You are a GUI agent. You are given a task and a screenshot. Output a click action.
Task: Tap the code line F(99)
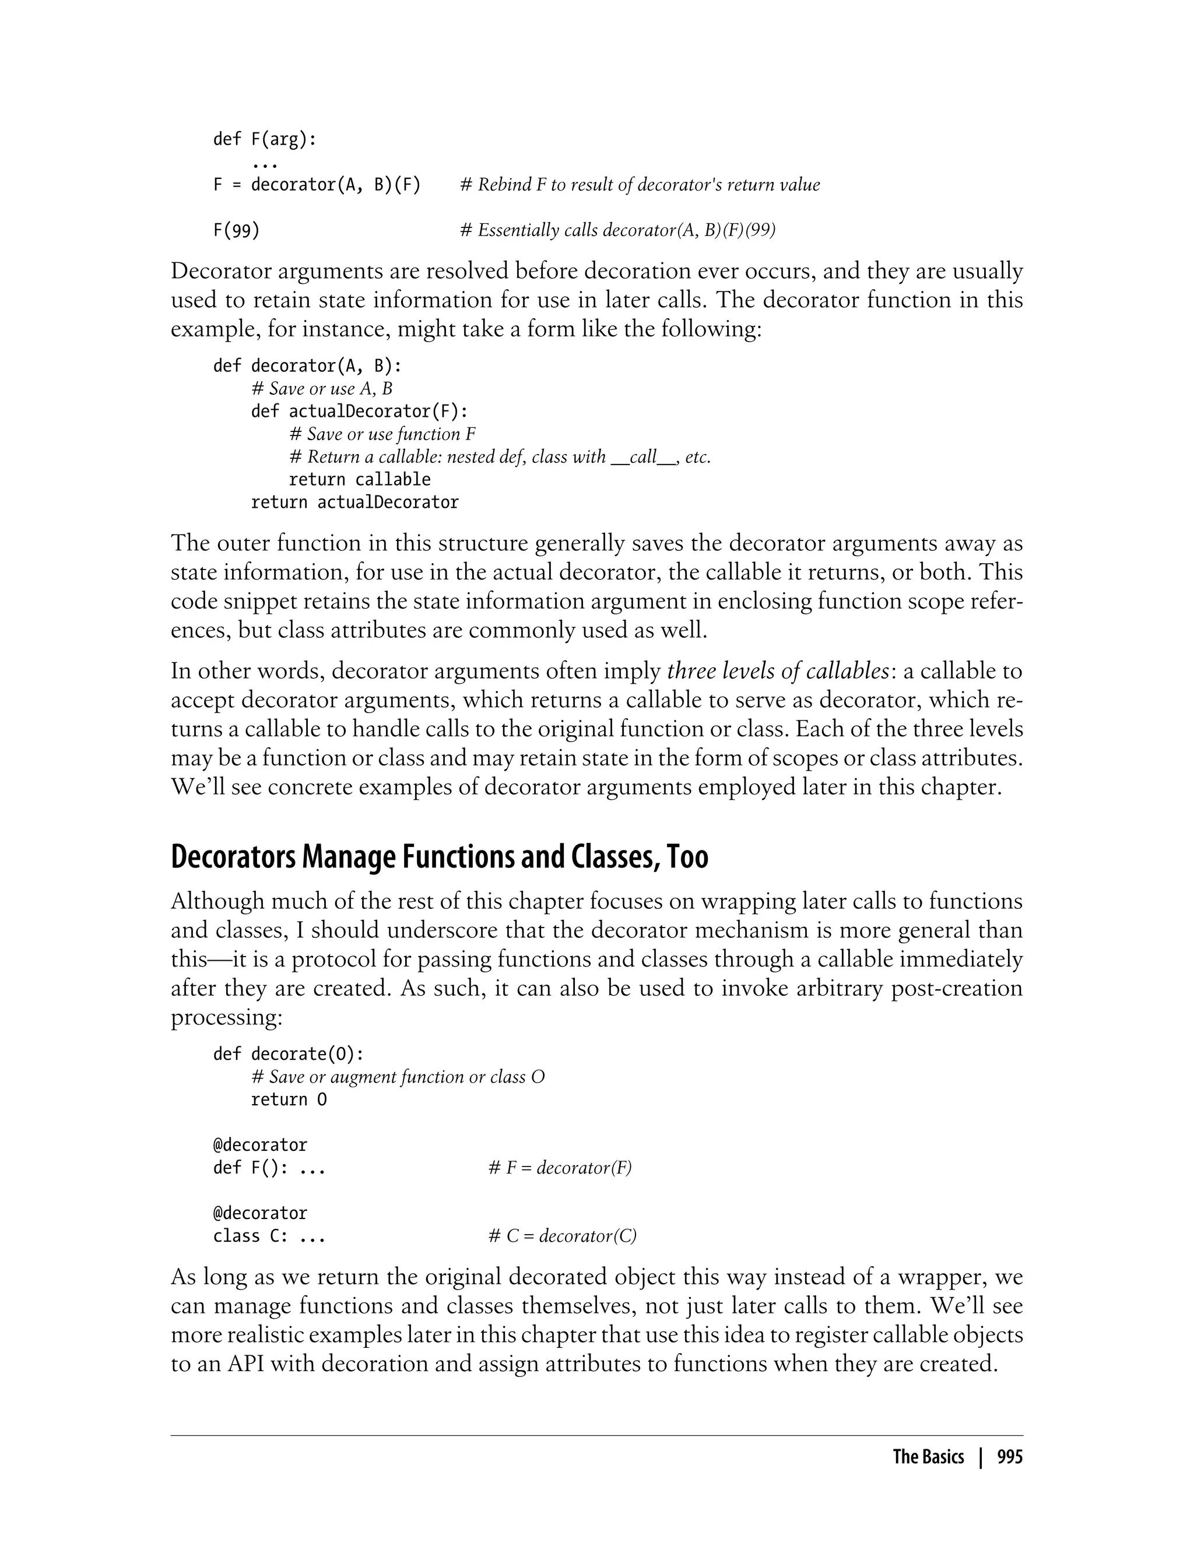[236, 230]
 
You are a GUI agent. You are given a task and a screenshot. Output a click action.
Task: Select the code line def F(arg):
[264, 139]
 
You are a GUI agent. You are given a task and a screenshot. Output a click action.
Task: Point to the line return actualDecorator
[354, 503]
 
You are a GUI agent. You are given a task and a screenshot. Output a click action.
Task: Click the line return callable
[359, 480]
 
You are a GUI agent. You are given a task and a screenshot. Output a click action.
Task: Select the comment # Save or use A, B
[321, 389]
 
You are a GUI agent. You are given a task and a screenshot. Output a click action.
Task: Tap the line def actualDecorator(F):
[360, 412]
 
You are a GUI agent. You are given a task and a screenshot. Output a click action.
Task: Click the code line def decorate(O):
[289, 1054]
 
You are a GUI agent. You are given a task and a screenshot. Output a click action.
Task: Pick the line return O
[289, 1099]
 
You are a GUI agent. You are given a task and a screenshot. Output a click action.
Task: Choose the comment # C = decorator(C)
[562, 1236]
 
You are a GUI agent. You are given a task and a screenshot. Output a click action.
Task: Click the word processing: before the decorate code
[227, 1017]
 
